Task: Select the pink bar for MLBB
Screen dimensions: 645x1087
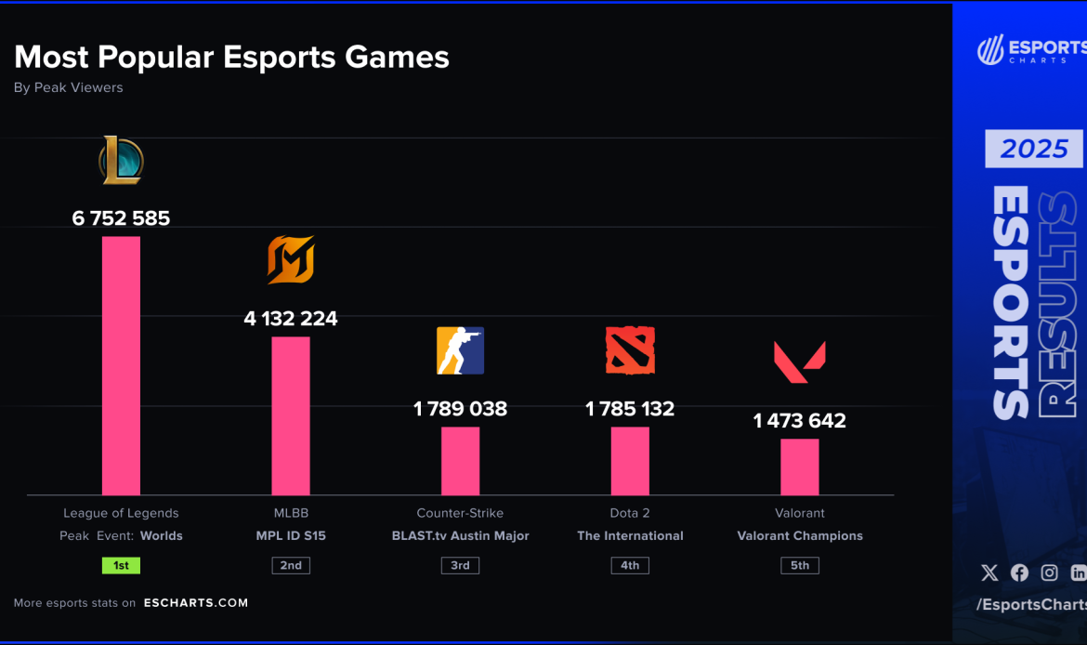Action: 291,415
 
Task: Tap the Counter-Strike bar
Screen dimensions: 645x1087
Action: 460,461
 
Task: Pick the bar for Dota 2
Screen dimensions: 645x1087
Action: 630,461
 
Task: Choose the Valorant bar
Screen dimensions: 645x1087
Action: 799,467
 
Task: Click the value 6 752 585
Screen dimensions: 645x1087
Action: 121,218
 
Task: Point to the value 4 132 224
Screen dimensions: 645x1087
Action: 291,319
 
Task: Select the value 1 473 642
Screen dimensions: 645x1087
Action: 799,421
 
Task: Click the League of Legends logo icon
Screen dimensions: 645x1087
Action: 122,160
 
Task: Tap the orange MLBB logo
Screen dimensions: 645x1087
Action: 291,259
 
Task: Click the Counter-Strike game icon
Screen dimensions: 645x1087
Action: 460,350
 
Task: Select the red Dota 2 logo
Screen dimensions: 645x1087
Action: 630,350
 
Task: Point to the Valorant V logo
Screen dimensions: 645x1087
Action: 799,362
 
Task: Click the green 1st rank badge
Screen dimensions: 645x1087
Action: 121,565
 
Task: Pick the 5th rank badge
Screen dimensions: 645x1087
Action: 799,565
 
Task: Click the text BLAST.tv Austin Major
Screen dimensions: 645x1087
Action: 460,536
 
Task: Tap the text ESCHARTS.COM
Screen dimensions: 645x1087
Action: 196,603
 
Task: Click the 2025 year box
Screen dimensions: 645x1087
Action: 1033,149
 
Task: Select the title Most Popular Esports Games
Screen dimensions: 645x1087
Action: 231,58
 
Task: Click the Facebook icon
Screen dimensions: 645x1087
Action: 1019,573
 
